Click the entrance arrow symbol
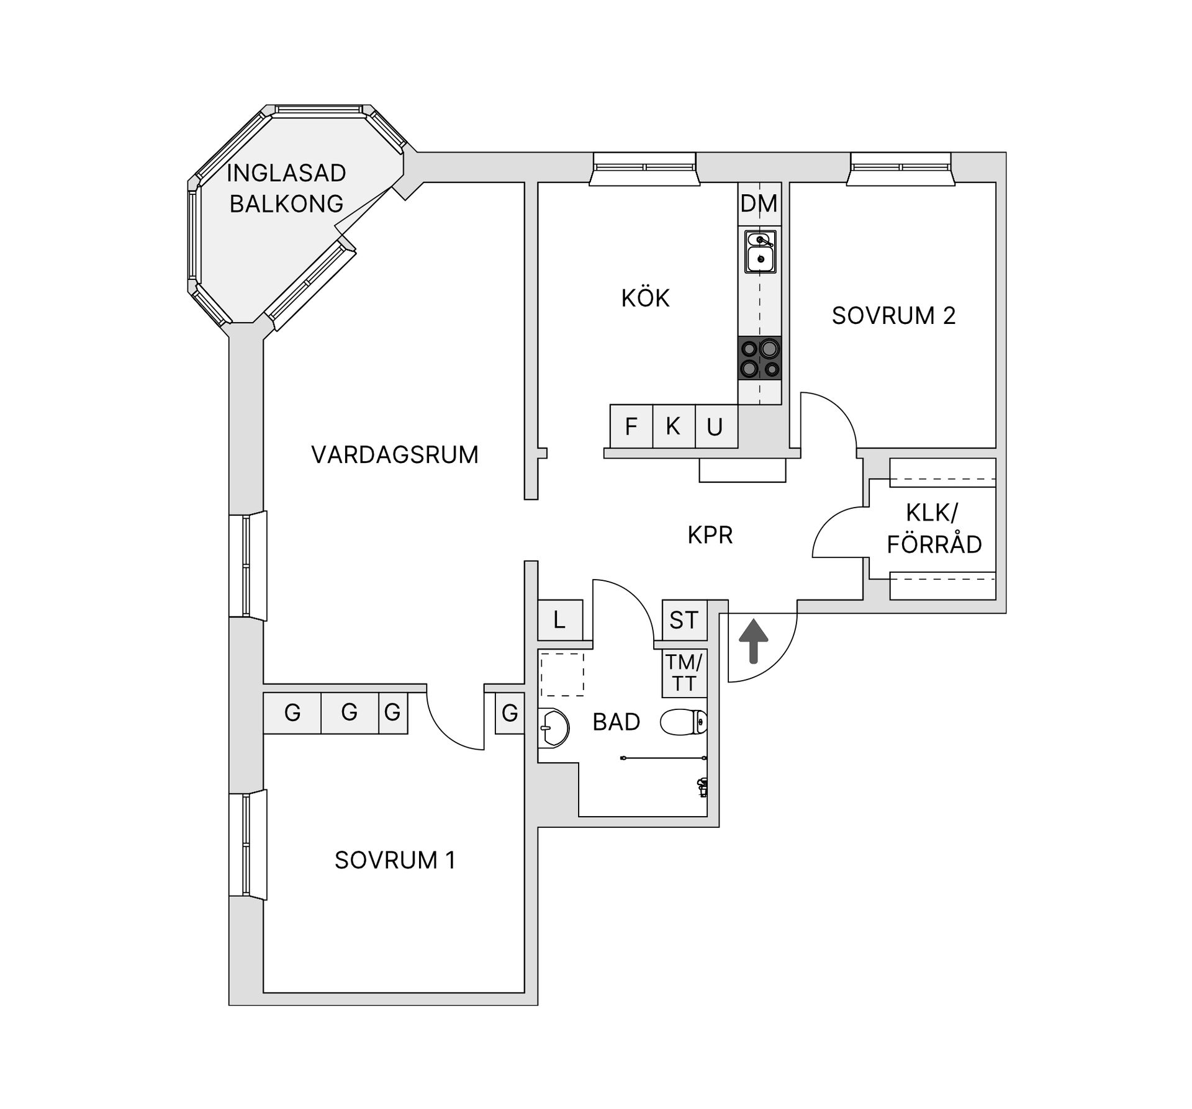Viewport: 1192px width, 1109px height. (x=753, y=641)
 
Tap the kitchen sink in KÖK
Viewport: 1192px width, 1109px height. (x=760, y=251)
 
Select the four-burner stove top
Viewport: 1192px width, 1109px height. (x=760, y=358)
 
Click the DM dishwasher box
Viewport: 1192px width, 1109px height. (x=759, y=204)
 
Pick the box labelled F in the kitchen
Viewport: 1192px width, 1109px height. (x=631, y=426)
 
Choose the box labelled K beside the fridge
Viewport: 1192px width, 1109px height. (x=673, y=426)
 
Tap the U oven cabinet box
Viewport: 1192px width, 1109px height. (x=715, y=426)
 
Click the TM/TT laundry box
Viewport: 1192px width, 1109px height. (x=684, y=673)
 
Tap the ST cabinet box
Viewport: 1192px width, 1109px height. (x=684, y=620)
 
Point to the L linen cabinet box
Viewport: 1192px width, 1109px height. (x=560, y=620)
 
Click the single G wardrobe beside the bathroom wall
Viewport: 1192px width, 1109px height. (x=510, y=713)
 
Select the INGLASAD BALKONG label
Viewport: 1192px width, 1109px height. (x=286, y=188)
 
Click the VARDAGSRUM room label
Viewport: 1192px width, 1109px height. (x=395, y=455)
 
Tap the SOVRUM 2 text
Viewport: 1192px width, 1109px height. (x=893, y=316)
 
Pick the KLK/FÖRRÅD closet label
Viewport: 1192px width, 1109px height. (x=933, y=529)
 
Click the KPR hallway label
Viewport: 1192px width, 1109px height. (x=710, y=535)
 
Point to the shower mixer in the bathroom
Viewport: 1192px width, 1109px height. (x=702, y=787)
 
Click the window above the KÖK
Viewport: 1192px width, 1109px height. (x=644, y=168)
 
